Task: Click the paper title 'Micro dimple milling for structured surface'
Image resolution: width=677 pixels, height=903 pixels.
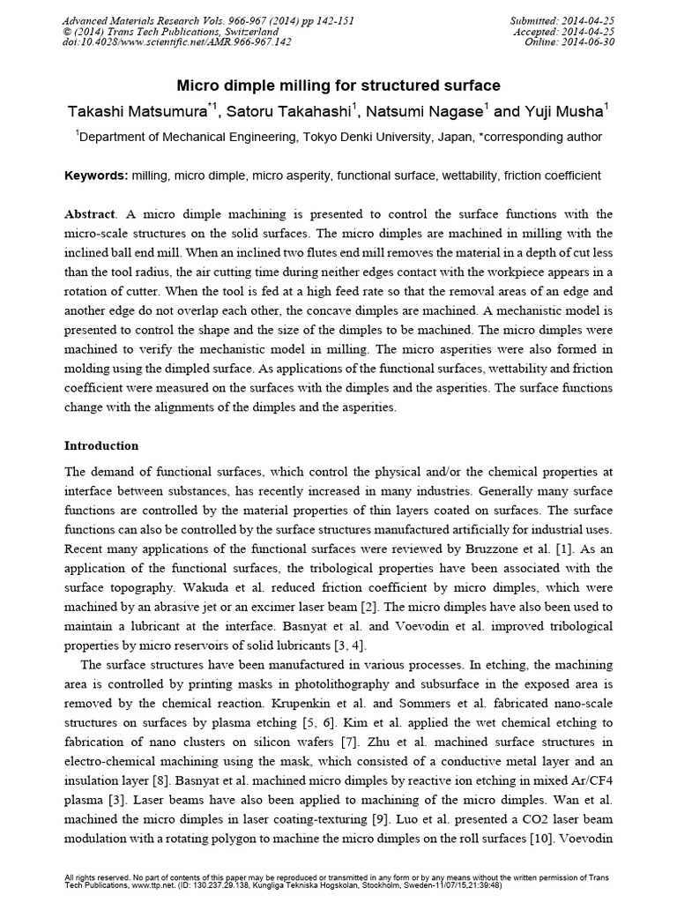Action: click(339, 86)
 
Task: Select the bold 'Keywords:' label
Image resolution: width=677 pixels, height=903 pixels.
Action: click(97, 175)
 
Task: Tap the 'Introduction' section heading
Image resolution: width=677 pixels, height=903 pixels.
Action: click(101, 446)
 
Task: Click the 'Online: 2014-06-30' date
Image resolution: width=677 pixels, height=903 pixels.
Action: click(566, 41)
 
